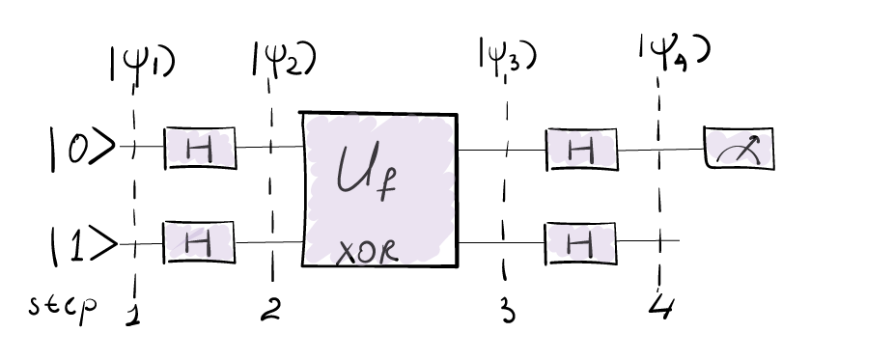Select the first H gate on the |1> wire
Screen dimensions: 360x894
pos(200,242)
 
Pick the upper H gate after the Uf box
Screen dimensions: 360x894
pos(581,149)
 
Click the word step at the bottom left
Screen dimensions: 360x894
pos(62,310)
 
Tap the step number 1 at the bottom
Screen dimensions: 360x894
pos(131,313)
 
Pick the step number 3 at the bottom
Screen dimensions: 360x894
pos(507,311)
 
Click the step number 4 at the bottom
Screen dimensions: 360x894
pos(660,310)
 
